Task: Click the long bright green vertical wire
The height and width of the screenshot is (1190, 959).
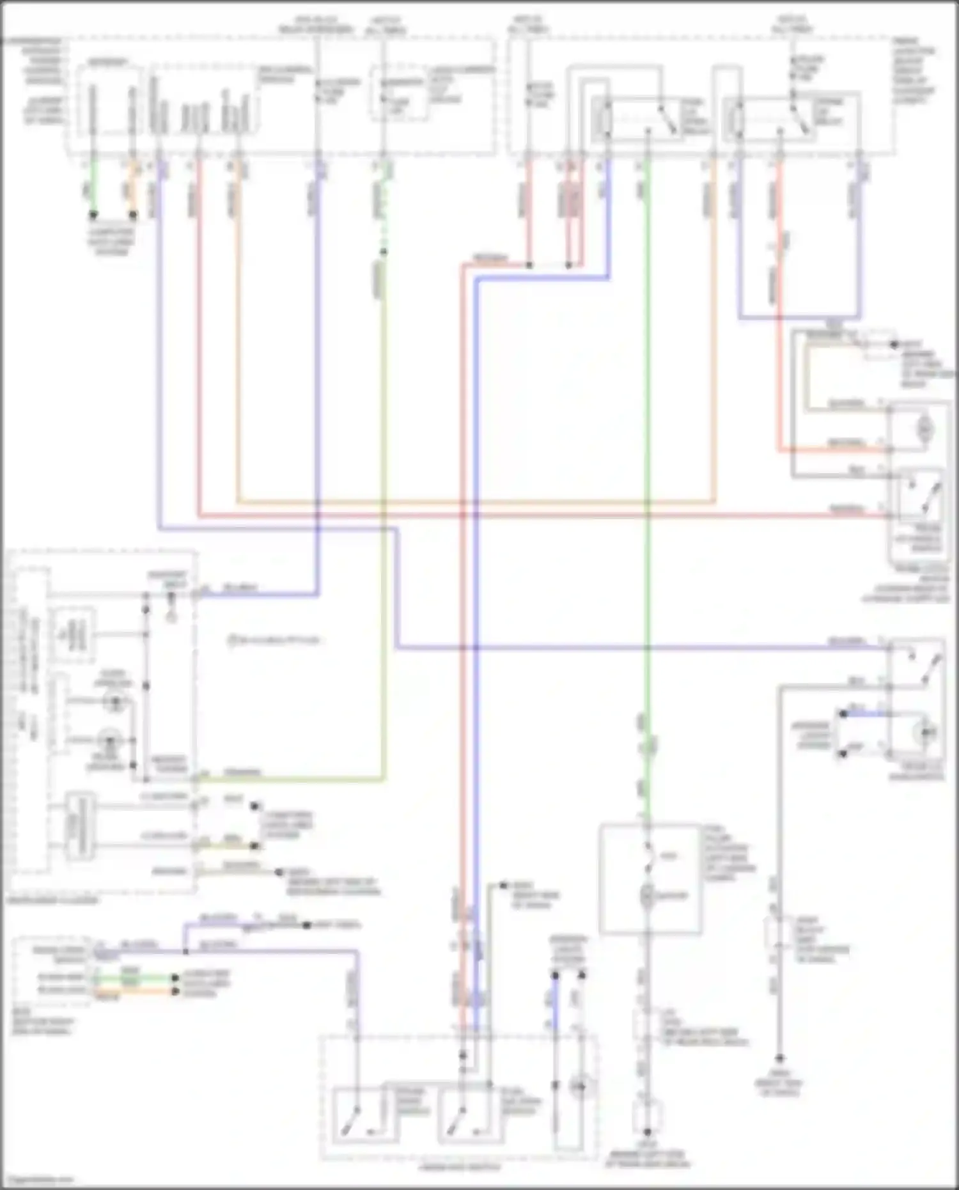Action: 647,448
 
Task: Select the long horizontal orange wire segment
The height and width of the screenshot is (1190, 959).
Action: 473,502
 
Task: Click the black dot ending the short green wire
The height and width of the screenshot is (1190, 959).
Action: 93,215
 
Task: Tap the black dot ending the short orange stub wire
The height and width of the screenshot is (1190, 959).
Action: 133,215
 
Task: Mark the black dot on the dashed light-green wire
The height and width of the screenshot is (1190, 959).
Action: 383,252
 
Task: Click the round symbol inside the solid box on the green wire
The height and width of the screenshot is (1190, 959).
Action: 647,896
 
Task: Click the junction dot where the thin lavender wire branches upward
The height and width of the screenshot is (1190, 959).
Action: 185,951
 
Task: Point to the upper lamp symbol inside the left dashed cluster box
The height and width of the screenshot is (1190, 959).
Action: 115,702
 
